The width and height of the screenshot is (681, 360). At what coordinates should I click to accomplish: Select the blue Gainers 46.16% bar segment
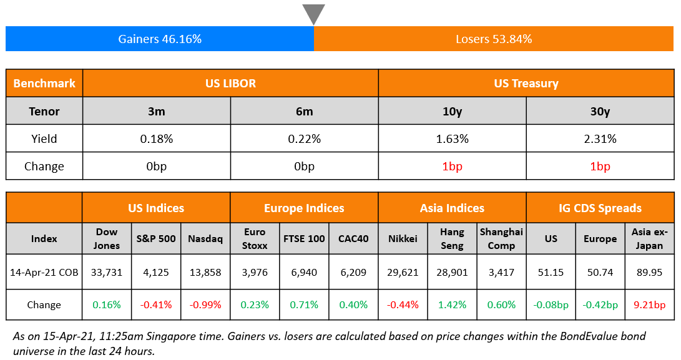tap(160, 39)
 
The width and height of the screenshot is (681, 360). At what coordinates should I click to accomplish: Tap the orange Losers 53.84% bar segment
tap(494, 39)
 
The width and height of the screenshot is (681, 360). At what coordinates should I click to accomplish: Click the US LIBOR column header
tap(230, 83)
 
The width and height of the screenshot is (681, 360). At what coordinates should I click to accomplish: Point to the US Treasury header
tap(526, 83)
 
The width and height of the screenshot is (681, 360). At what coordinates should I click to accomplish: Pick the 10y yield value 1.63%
tap(452, 139)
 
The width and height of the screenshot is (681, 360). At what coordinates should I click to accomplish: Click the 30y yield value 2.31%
tap(600, 139)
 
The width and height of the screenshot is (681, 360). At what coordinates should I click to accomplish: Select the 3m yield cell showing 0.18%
tap(156, 139)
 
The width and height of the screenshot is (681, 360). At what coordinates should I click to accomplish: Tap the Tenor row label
tap(44, 112)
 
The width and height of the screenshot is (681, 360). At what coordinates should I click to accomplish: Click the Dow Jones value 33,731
tap(107, 272)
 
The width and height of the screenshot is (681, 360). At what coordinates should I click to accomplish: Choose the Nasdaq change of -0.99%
tap(205, 305)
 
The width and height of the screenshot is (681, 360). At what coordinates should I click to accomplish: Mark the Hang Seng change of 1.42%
tap(452, 305)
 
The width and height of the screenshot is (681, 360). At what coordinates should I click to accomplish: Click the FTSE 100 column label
tap(304, 238)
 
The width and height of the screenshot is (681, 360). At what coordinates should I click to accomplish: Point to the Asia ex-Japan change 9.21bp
tap(649, 305)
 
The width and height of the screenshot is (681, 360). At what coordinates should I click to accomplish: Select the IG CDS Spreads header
tap(600, 208)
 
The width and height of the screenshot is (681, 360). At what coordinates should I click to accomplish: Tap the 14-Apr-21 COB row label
tap(44, 272)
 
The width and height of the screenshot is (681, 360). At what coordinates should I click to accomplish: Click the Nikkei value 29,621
tap(403, 272)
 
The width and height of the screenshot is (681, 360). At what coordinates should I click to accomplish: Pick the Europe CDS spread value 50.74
tap(600, 272)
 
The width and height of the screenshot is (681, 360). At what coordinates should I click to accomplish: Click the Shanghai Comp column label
tap(501, 238)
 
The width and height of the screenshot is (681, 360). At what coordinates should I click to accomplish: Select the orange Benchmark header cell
tap(44, 83)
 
